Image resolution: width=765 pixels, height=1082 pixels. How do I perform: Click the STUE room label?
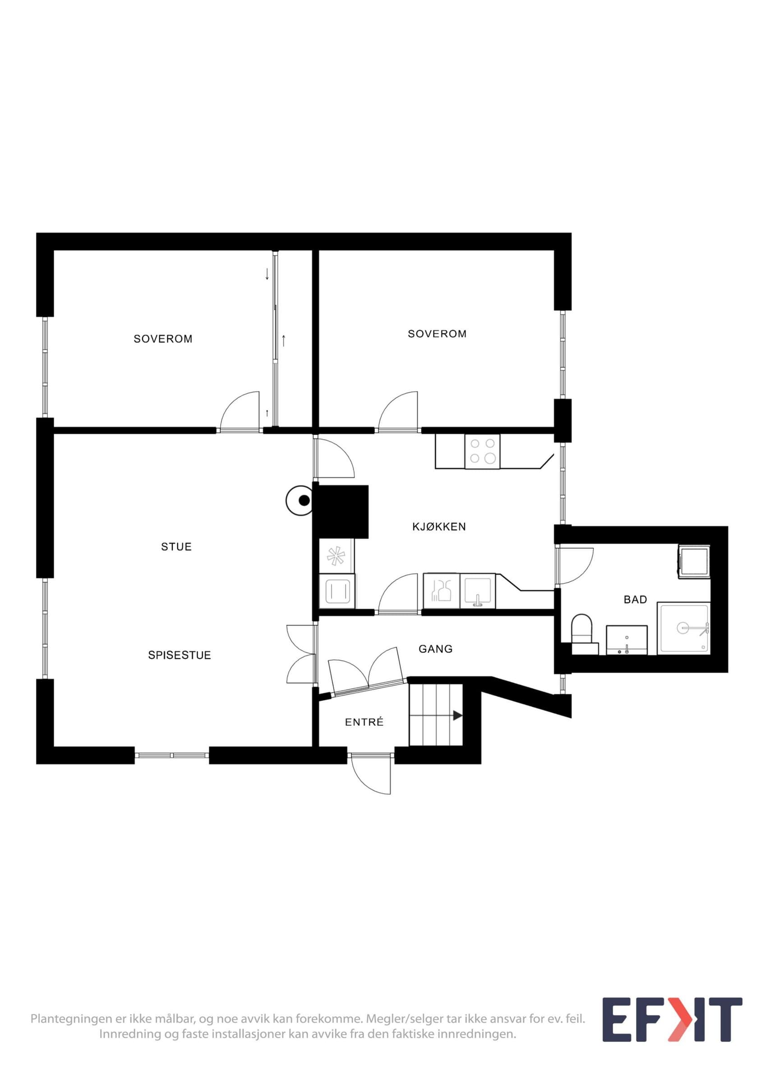[x=176, y=547]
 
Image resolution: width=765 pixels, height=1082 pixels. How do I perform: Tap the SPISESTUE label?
[x=180, y=655]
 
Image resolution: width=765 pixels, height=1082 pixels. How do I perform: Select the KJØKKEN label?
[x=439, y=527]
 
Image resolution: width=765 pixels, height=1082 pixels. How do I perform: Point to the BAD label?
[x=635, y=600]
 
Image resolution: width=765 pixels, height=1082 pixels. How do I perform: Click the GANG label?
[x=436, y=649]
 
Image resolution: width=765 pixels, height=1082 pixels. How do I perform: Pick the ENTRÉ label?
[x=364, y=722]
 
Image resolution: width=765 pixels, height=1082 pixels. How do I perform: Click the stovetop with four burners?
[x=483, y=451]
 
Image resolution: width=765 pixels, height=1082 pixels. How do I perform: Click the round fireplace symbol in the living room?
[x=300, y=500]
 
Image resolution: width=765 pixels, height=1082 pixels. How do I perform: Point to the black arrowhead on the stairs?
[x=457, y=715]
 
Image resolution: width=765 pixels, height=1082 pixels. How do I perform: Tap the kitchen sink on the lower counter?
[x=478, y=591]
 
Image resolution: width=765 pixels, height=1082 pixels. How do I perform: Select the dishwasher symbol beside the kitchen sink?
[x=441, y=591]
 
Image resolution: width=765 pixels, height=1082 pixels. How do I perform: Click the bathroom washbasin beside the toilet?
[x=627, y=640]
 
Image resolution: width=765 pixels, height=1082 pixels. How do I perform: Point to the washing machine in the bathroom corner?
[x=694, y=561]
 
